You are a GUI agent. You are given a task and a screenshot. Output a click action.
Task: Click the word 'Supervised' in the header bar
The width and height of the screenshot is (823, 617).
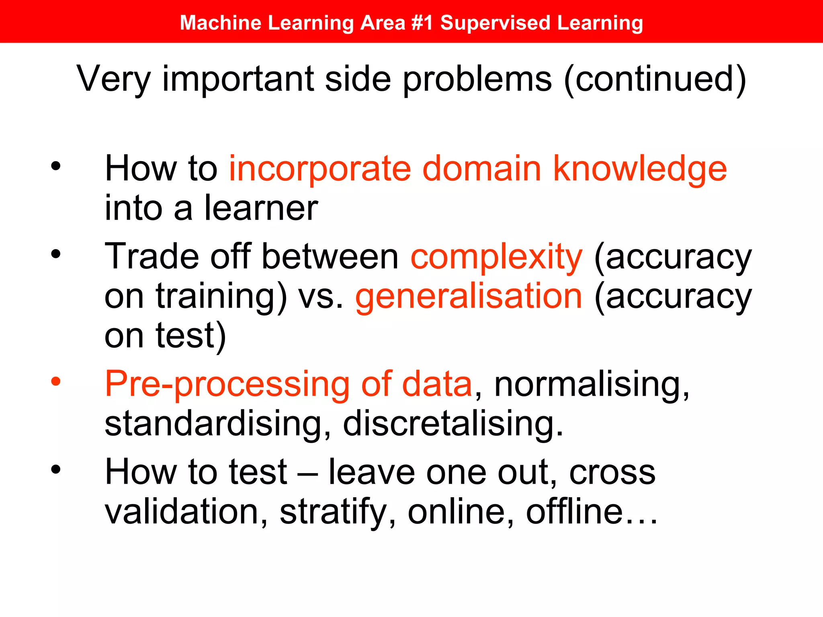495,22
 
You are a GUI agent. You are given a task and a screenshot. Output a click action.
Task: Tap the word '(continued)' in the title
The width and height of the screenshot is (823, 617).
655,79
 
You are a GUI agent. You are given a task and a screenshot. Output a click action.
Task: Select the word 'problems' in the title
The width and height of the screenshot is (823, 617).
477,79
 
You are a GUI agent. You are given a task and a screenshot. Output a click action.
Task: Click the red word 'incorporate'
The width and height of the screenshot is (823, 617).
320,169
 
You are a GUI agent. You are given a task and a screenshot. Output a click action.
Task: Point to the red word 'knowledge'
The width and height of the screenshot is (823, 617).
640,169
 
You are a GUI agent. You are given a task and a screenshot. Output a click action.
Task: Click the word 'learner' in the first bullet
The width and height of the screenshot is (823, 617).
261,208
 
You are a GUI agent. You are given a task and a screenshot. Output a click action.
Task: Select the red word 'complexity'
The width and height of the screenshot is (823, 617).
496,257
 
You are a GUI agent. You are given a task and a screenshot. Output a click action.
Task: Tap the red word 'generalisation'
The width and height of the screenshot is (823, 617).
469,296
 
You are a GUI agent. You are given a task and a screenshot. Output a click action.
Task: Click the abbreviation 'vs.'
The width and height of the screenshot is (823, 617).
321,296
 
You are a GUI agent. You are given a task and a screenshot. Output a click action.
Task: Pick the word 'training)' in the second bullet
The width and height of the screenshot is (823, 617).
221,296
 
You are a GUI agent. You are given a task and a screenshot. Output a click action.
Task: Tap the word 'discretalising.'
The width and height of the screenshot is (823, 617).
453,423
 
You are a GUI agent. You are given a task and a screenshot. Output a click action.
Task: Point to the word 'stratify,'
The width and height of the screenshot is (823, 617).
338,512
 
